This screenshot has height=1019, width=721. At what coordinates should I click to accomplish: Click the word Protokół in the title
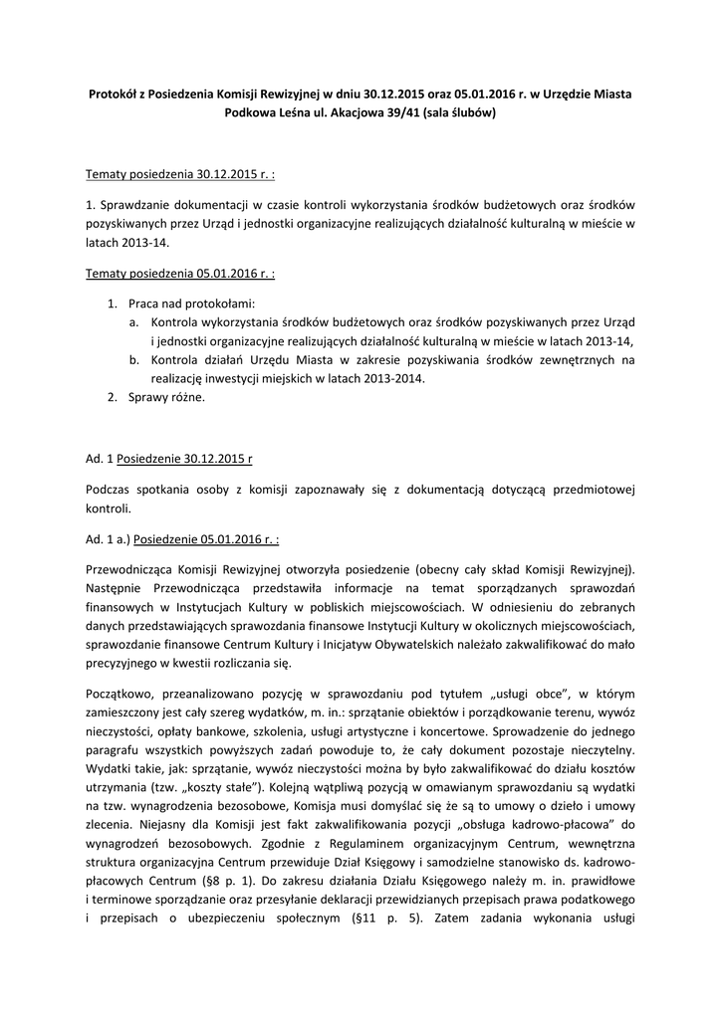114,94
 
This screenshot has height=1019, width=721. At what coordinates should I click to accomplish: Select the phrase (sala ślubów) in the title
459,113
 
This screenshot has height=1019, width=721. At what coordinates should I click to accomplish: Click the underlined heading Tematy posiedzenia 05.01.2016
180,271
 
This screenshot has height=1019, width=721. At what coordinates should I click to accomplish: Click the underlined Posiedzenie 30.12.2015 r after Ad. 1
184,459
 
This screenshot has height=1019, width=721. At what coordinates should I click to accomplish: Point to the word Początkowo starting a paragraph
120,692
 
